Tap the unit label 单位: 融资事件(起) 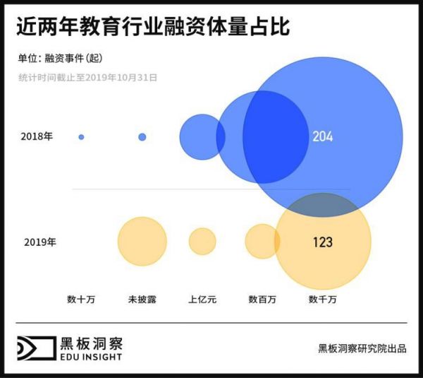[65, 58]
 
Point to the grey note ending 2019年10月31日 [87, 76]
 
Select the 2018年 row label [37, 136]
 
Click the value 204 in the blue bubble [323, 136]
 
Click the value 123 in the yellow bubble [322, 242]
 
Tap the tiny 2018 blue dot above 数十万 [81, 137]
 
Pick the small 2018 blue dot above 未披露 [142, 136]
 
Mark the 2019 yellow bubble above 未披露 [142, 242]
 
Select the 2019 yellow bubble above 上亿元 [202, 242]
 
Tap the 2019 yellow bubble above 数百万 [261, 242]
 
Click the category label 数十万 [81, 300]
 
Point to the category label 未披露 [142, 300]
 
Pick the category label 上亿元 [202, 300]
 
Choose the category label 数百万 [262, 300]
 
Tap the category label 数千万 [322, 300]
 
